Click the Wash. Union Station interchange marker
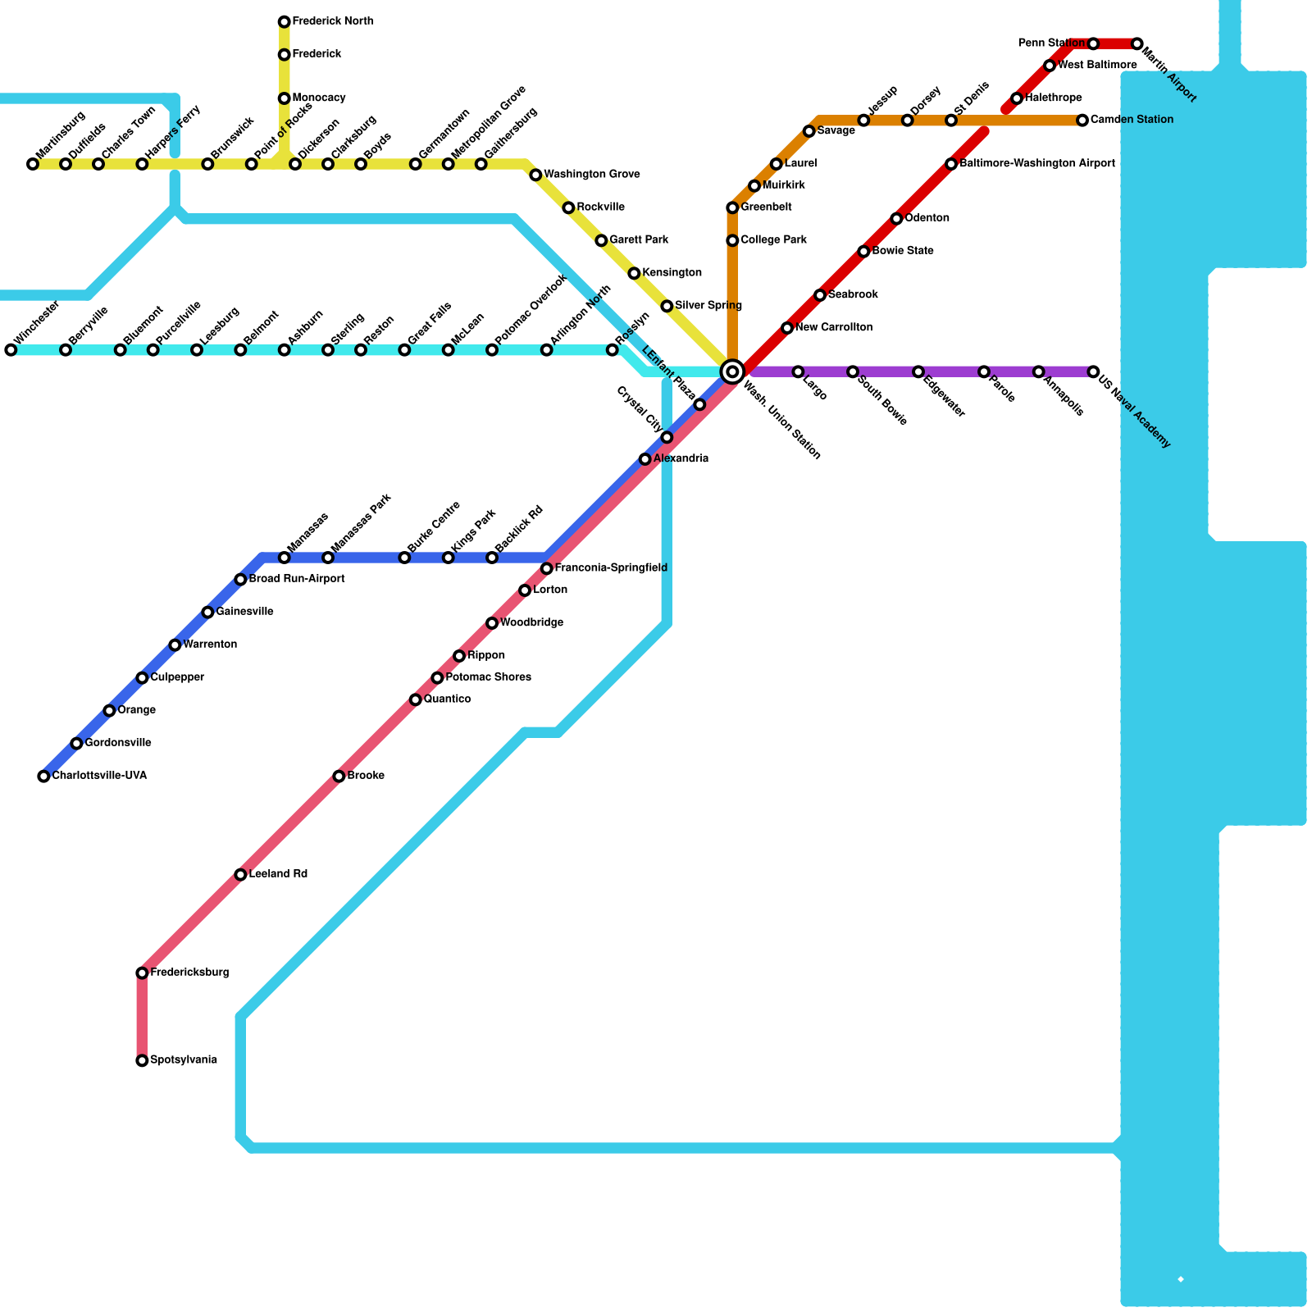tap(732, 371)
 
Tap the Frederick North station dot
tap(284, 21)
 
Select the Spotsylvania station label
tap(184, 1060)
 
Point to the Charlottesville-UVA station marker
tap(43, 777)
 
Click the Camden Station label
tap(1132, 120)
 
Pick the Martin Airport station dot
tap(1137, 43)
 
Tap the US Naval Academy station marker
tap(1093, 372)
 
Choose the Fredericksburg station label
tap(189, 973)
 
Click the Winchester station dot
tap(11, 350)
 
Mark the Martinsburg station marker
tap(33, 165)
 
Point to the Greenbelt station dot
tap(732, 208)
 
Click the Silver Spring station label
tap(708, 306)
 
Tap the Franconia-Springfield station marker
tap(547, 569)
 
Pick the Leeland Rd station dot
tap(240, 875)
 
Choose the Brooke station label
tap(366, 776)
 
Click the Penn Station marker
tap(1093, 43)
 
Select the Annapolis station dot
tap(1038, 372)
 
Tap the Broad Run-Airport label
tap(297, 579)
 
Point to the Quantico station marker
tap(416, 699)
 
